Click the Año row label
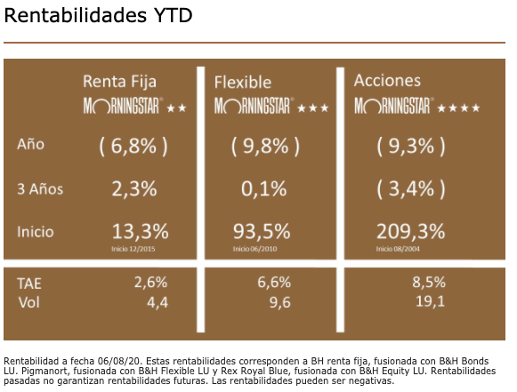click(31, 145)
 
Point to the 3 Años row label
click(40, 189)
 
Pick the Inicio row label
click(36, 231)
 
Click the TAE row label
click(29, 283)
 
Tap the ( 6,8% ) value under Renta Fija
click(133, 145)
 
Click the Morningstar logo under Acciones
click(393, 107)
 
